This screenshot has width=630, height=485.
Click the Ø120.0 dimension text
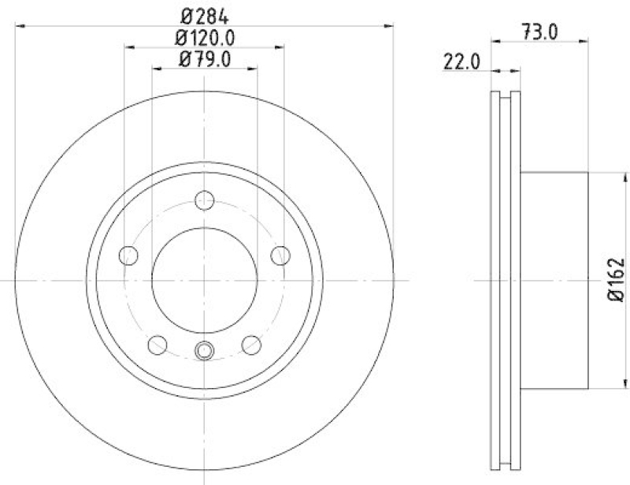tap(204, 36)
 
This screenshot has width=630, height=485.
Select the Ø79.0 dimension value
tap(204, 59)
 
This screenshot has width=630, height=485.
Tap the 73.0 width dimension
tap(539, 32)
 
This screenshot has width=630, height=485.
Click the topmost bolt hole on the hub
tap(204, 200)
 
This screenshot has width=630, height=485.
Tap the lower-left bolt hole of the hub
tap(157, 345)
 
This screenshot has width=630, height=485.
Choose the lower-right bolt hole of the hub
tap(250, 345)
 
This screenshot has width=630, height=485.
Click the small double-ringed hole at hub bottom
tap(204, 350)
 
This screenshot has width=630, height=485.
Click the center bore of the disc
tap(204, 280)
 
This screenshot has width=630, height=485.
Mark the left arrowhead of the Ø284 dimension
tap(20, 24)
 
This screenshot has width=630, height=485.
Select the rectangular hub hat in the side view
tap(554, 280)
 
